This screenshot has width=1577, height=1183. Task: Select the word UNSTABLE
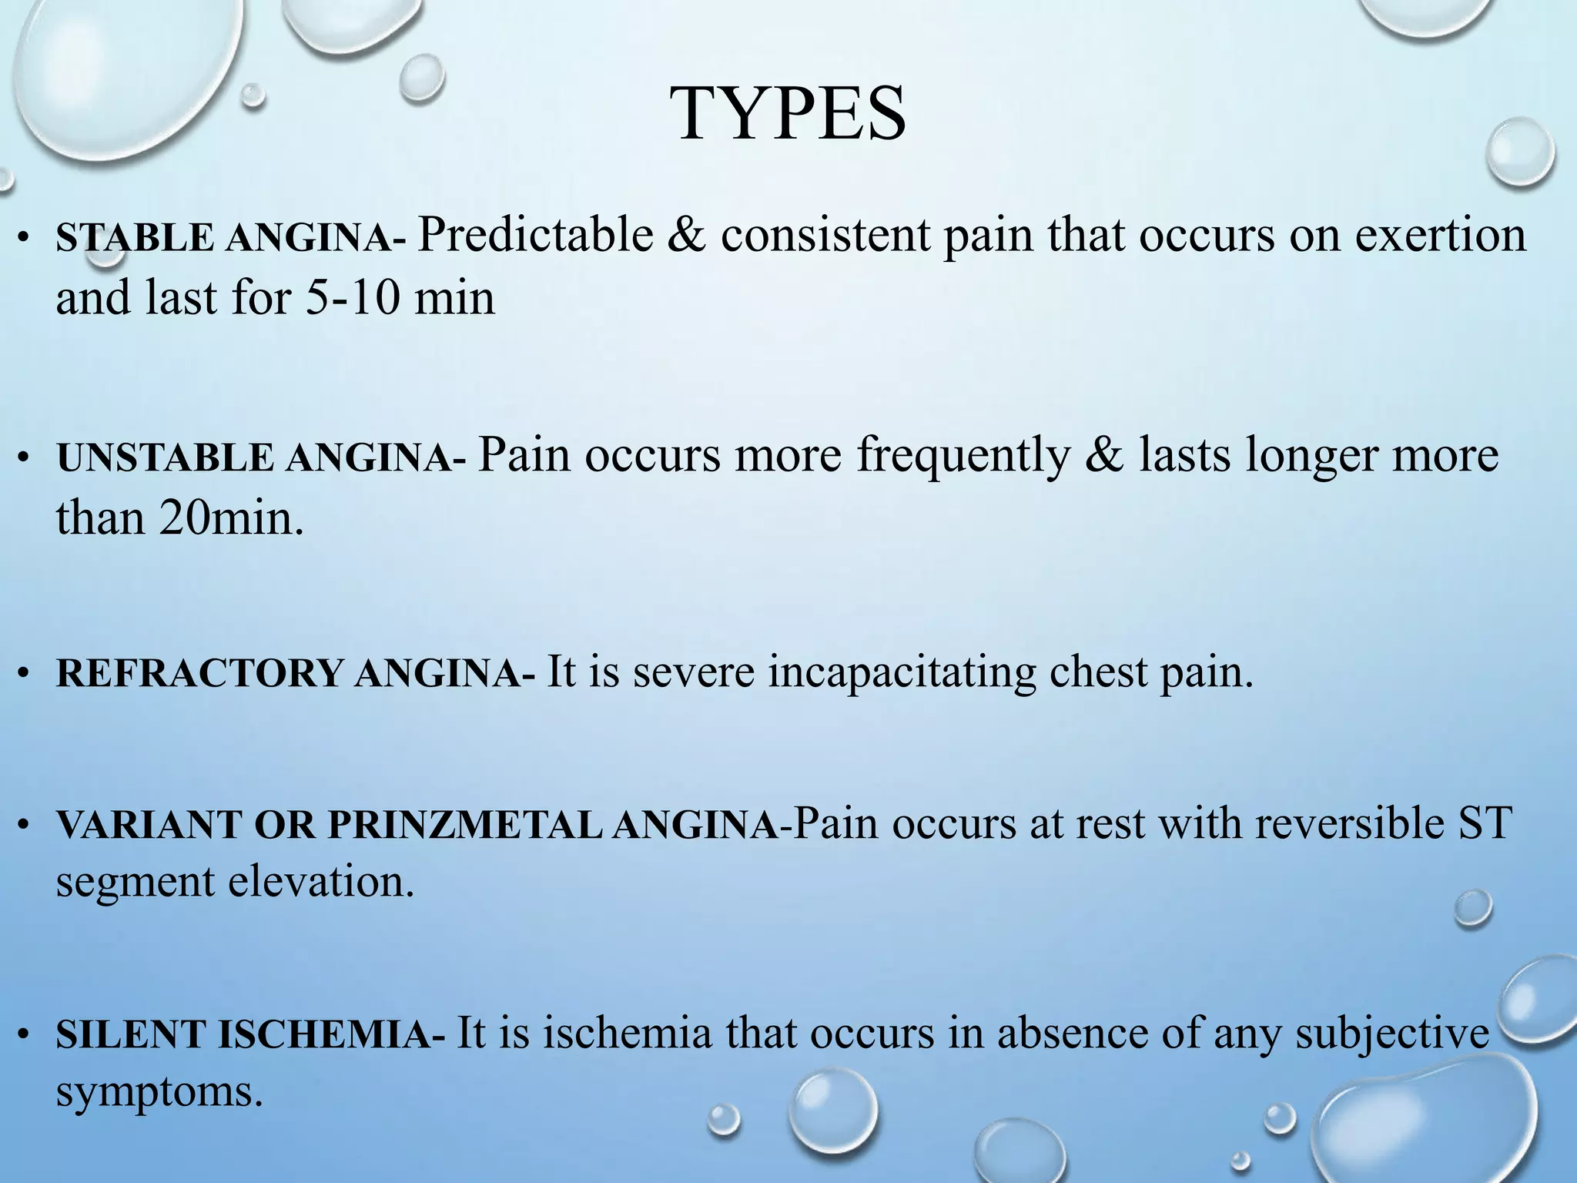click(x=165, y=458)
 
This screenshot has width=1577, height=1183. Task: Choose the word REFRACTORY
click(x=199, y=674)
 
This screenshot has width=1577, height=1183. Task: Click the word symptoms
click(x=159, y=1092)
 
